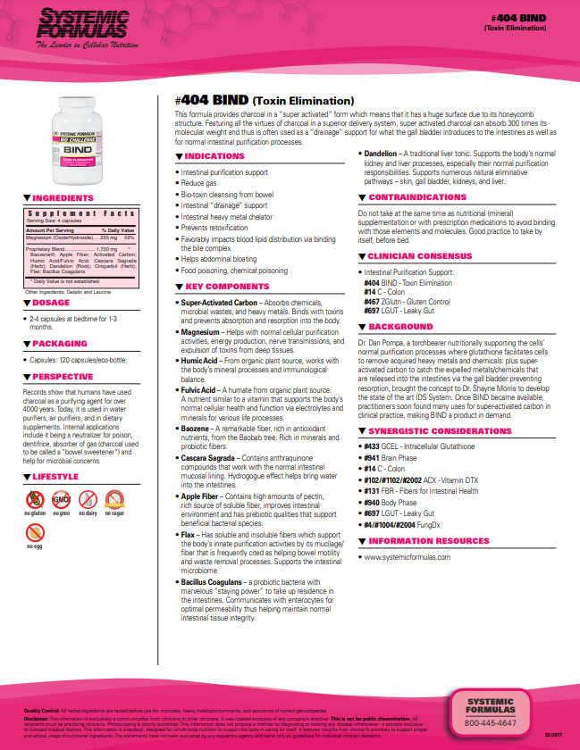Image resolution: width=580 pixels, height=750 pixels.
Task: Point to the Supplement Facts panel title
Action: point(80,214)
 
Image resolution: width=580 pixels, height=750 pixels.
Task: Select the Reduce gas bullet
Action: point(202,182)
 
